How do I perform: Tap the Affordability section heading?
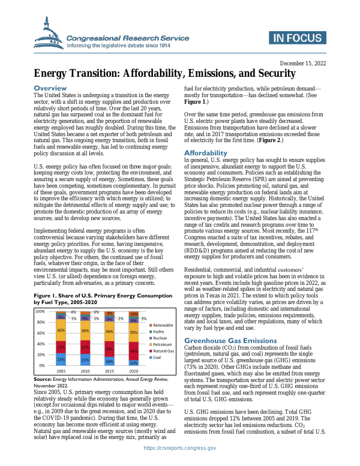[x=205, y=153]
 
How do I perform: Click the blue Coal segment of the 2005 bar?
[x=61, y=360]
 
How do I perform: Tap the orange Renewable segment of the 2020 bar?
[x=134, y=314]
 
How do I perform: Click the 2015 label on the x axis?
[x=110, y=372]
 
